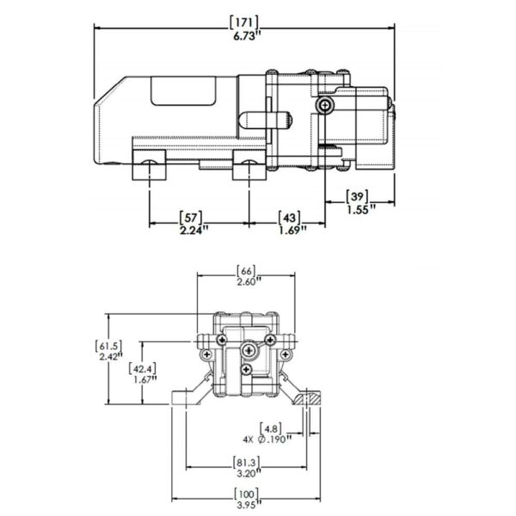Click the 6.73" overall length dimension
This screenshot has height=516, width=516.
pos(244,36)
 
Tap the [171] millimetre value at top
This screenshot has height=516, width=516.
pos(244,22)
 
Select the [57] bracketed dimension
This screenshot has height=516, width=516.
pos(191,218)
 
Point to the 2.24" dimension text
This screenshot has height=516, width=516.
pos(194,230)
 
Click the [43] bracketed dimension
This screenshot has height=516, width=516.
pos(289,218)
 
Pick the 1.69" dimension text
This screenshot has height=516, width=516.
pos(292,230)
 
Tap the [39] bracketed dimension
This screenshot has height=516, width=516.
pos(357,196)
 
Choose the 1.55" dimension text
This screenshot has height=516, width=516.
pos(361,209)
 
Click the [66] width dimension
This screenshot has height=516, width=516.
pos(246,271)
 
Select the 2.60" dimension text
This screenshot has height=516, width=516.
pos(249,282)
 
